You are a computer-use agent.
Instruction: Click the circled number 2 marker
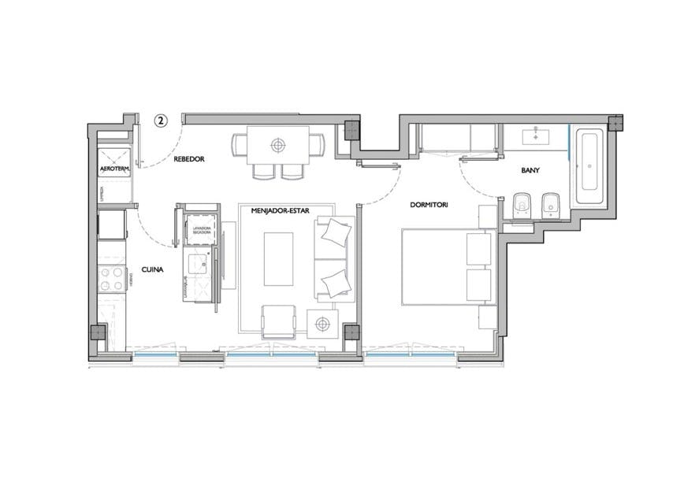pyautogui.click(x=160, y=121)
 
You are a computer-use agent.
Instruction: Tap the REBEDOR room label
pyautogui.click(x=189, y=159)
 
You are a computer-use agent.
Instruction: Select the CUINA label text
pyautogui.click(x=153, y=269)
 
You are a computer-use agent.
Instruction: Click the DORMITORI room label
pyautogui.click(x=429, y=205)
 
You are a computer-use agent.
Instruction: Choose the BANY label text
pyautogui.click(x=530, y=170)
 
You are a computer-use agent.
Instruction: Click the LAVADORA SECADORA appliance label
pyautogui.click(x=201, y=231)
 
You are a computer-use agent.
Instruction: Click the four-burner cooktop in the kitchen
pyautogui.click(x=111, y=279)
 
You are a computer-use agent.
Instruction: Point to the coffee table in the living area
pyautogui.click(x=278, y=259)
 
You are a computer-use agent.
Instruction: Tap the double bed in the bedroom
pyautogui.click(x=445, y=266)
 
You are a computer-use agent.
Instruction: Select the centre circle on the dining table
pyautogui.click(x=277, y=145)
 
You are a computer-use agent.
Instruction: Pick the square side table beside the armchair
pyautogui.click(x=322, y=324)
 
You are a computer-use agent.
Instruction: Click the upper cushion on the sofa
pyautogui.click(x=336, y=233)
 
